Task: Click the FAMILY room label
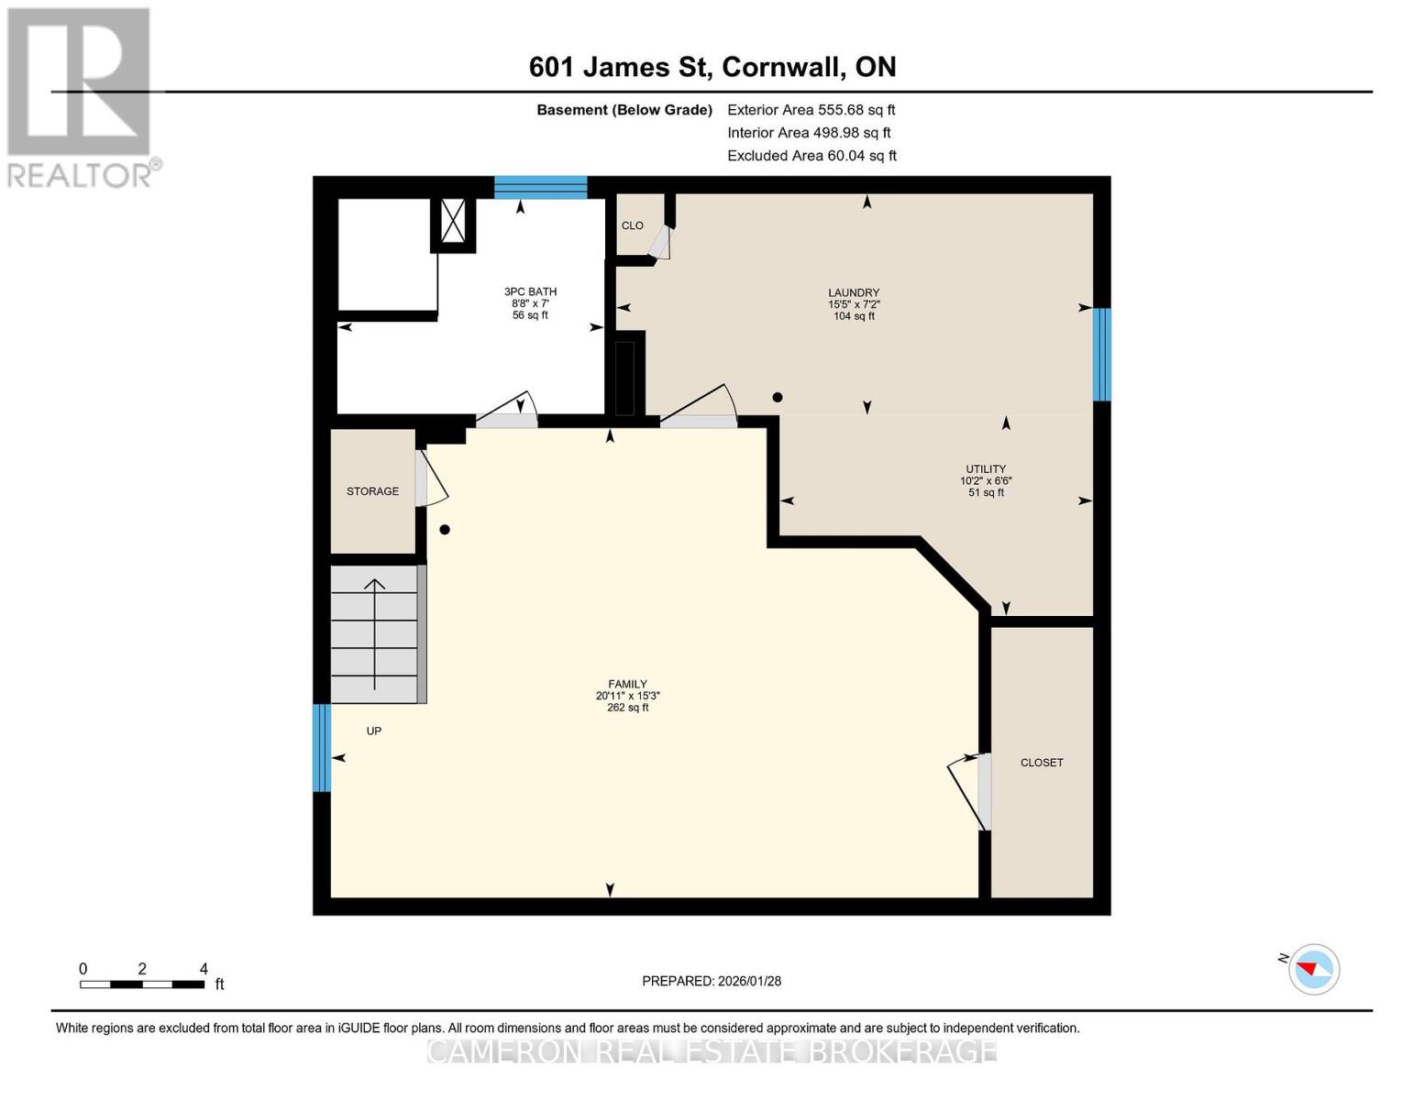pyautogui.click(x=627, y=684)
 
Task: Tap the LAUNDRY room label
pyautogui.click(x=854, y=292)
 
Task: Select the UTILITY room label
pyautogui.click(x=986, y=469)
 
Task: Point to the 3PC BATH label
pyautogui.click(x=530, y=291)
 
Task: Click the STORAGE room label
pyautogui.click(x=372, y=491)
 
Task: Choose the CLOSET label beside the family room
pyautogui.click(x=1042, y=763)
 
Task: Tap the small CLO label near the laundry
pyautogui.click(x=633, y=225)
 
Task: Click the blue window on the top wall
pyautogui.click(x=540, y=187)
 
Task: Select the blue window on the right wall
pyautogui.click(x=1101, y=355)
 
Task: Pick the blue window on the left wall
pyautogui.click(x=321, y=748)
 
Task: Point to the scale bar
pyautogui.click(x=142, y=984)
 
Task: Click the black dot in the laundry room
pyautogui.click(x=778, y=397)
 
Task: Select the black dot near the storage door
pyautogui.click(x=445, y=530)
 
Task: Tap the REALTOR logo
pyautogui.click(x=82, y=98)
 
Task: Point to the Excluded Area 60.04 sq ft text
pyautogui.click(x=811, y=156)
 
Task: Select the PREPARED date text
pyautogui.click(x=712, y=981)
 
